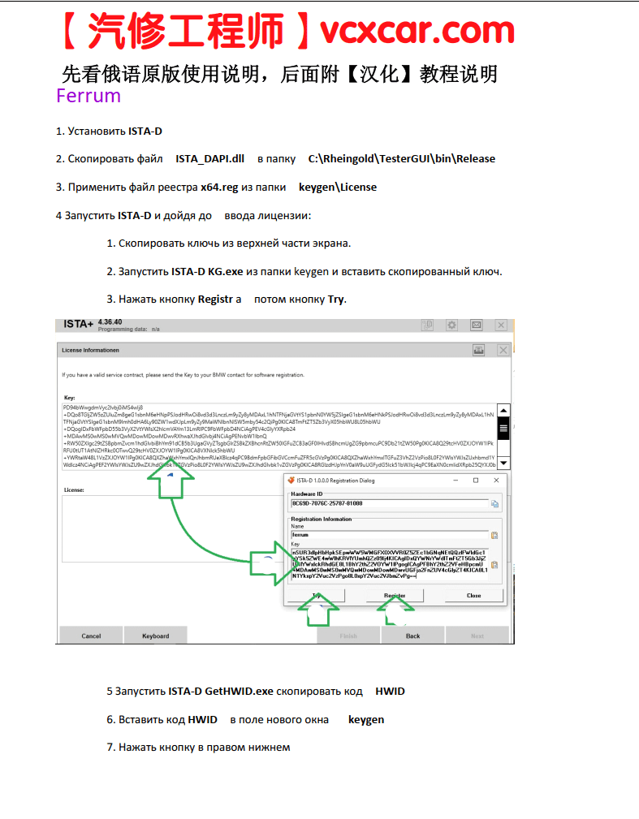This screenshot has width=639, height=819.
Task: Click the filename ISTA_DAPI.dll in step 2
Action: tap(209, 158)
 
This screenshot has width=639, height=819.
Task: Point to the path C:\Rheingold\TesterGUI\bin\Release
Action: tap(401, 158)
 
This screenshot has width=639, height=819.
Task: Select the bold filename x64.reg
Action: tap(219, 187)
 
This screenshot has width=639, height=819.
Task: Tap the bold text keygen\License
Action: tap(338, 187)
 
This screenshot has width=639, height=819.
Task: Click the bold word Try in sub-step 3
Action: tap(336, 299)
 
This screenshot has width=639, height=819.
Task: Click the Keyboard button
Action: tap(156, 636)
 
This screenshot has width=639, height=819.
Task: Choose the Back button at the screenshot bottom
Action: tap(412, 636)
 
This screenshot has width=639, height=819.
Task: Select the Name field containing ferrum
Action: tap(388, 535)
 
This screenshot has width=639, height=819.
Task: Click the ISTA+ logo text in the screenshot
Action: tap(78, 325)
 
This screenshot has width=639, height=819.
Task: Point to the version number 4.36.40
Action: tap(110, 322)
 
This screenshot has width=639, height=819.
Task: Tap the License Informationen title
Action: tap(91, 350)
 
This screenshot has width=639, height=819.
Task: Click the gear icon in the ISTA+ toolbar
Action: tap(451, 325)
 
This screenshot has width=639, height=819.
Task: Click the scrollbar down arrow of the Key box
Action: tap(503, 462)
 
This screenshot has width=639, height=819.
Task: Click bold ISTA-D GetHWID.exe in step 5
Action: tap(220, 692)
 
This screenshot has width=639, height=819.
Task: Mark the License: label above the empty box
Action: tap(75, 490)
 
